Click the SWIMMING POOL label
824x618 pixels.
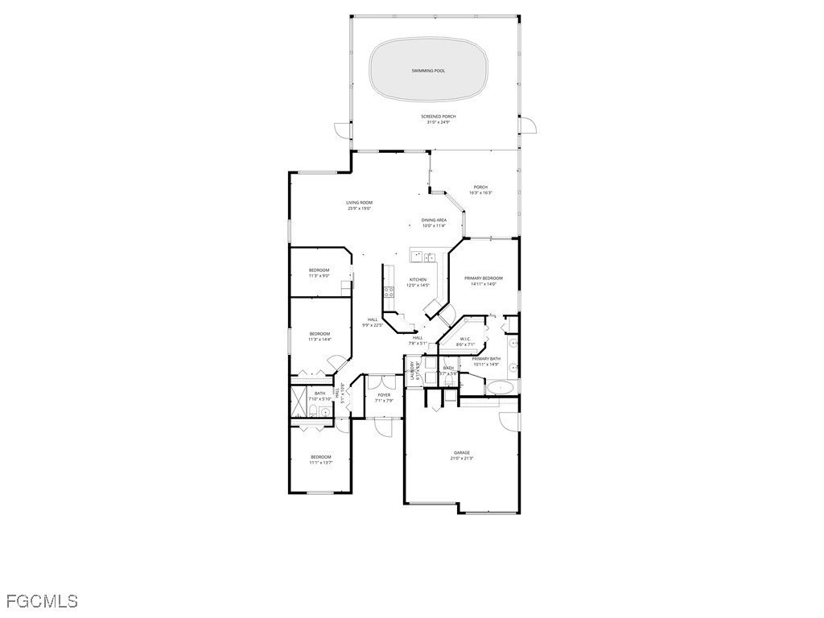(428, 71)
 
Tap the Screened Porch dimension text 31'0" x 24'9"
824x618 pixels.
(438, 122)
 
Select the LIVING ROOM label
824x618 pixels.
(359, 203)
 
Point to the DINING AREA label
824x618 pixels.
(434, 220)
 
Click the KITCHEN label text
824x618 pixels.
(418, 279)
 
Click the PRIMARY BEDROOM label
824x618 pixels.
(483, 278)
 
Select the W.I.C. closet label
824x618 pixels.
(465, 339)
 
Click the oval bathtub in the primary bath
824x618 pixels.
(501, 387)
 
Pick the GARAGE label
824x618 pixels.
(461, 452)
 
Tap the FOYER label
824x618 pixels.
(384, 395)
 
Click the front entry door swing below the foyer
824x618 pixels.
(383, 426)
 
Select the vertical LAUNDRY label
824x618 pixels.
(412, 371)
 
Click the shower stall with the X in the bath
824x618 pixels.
(298, 397)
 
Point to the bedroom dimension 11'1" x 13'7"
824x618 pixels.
(320, 463)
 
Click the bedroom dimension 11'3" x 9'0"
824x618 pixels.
(319, 276)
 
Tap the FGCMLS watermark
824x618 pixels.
(42, 601)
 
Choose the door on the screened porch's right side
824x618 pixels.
(529, 126)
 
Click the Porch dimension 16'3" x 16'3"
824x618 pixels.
(480, 192)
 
